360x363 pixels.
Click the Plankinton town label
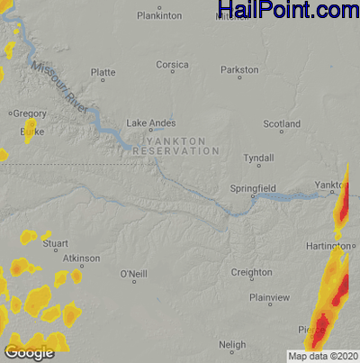click(158, 16)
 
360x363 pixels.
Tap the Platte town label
click(103, 72)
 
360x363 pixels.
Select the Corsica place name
click(171, 65)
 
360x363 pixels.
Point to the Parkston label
click(239, 69)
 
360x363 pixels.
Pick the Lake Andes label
click(150, 123)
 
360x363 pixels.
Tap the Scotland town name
click(281, 123)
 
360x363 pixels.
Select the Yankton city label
click(329, 185)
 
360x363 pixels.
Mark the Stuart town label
click(56, 243)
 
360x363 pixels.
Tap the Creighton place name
click(251, 272)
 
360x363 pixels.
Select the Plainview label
click(269, 297)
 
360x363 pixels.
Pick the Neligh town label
click(232, 345)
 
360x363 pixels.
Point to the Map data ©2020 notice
click(321, 356)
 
